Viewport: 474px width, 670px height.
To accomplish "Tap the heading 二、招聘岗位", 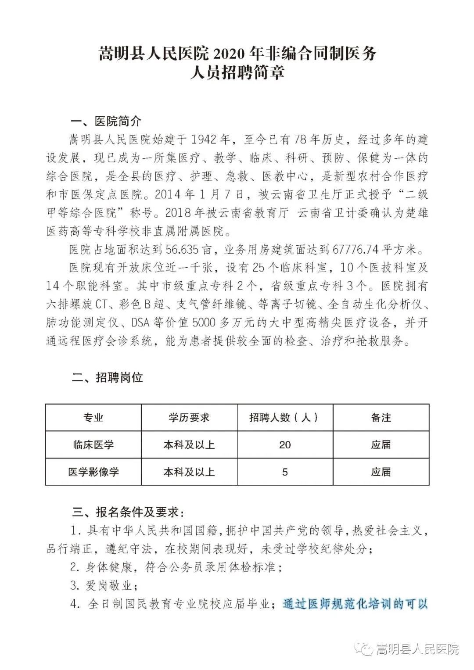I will coord(107,378).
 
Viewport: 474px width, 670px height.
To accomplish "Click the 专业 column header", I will coord(93,417).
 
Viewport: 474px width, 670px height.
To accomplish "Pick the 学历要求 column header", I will coord(189,417).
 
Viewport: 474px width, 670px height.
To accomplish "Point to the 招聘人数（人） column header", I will coord(284,417).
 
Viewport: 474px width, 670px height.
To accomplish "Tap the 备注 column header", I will coord(381,417).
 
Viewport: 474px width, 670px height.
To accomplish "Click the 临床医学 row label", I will coord(93,444).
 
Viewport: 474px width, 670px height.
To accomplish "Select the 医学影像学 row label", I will coord(93,472).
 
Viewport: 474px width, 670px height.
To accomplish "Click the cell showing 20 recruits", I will coord(284,444).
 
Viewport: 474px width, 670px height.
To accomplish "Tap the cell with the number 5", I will coord(285,472).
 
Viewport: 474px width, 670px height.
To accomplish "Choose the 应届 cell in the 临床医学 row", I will coord(381,444).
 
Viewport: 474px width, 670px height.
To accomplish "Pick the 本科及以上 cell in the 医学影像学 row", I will coord(189,472).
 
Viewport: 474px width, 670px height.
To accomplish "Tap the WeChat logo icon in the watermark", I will coord(365,648).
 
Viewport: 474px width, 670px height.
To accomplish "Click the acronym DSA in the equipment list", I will coord(140,323).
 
